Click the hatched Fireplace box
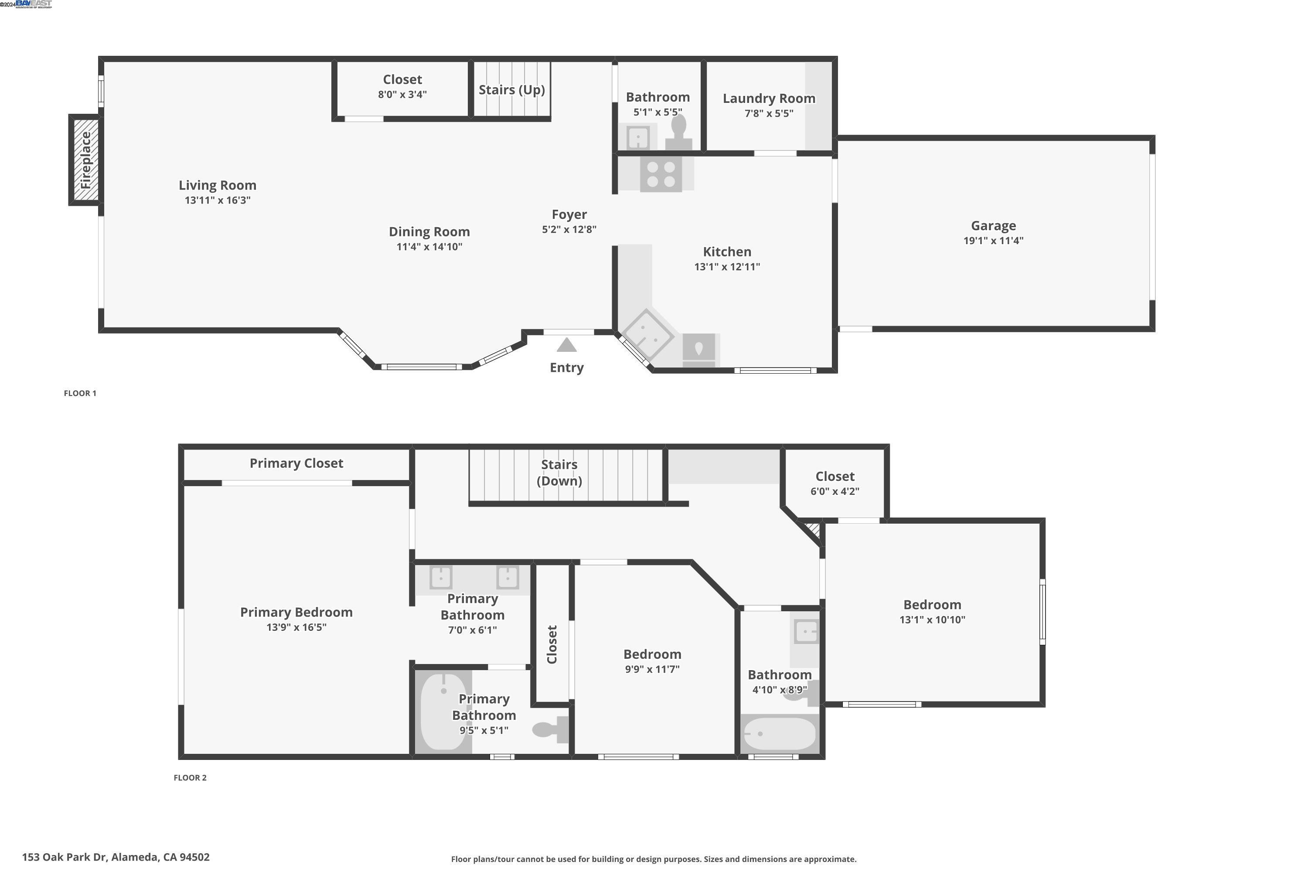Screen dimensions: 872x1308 [85, 160]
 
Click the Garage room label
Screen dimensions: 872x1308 [993, 226]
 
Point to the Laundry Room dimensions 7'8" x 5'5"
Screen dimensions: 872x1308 [769, 113]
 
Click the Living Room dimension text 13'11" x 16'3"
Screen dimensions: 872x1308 [218, 200]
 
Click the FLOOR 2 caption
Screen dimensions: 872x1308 [190, 777]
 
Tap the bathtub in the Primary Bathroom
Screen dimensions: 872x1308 [443, 711]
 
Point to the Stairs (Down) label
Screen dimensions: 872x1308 [559, 472]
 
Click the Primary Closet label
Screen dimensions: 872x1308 [296, 463]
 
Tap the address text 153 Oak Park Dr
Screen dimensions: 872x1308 [116, 857]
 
